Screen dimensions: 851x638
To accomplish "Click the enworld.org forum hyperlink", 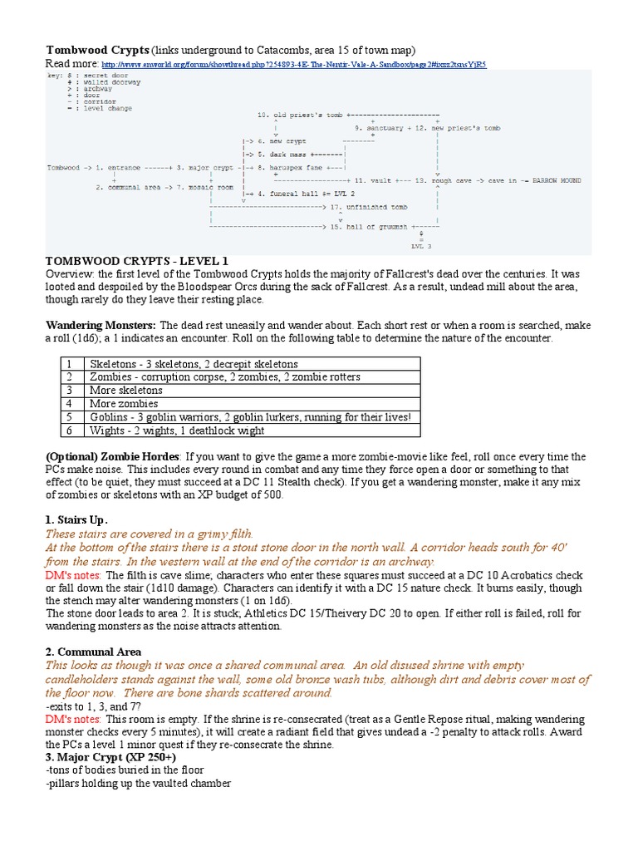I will coord(293,64).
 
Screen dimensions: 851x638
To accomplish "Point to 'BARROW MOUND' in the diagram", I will coord(556,180).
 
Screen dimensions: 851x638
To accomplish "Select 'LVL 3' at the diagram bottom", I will coord(421,247).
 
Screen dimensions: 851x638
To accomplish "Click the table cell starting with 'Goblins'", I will coord(249,417).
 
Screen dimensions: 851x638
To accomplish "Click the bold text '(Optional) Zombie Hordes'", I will coord(112,457).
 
